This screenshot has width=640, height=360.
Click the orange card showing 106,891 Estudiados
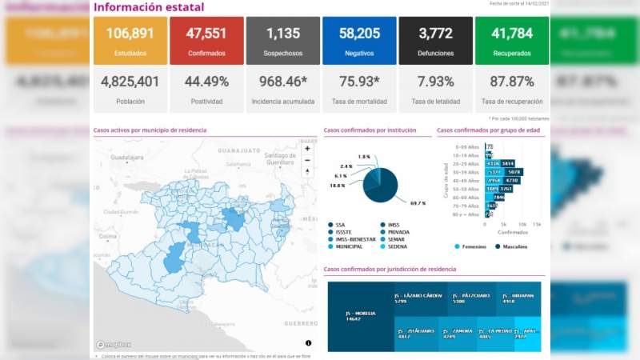pyautogui.click(x=130, y=40)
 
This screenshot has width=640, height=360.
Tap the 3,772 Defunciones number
pyautogui.click(x=435, y=34)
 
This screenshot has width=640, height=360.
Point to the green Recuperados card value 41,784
pyautogui.click(x=511, y=34)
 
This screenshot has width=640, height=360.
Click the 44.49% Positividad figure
pyautogui.click(x=206, y=82)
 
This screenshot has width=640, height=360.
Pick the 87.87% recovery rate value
pyautogui.click(x=511, y=82)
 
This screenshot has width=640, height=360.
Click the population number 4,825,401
pyautogui.click(x=130, y=82)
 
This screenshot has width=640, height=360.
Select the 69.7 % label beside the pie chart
pyautogui.click(x=418, y=204)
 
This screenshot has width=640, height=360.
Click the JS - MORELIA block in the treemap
pyautogui.click(x=361, y=316)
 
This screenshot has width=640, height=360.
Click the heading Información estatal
pyautogui.click(x=148, y=7)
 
